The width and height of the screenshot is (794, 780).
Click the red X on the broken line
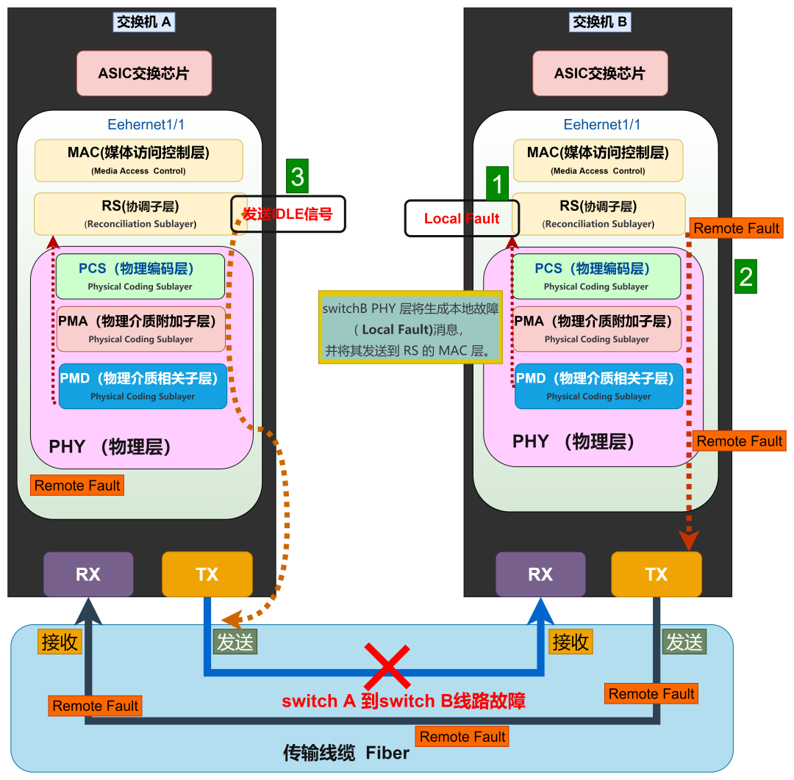(387, 666)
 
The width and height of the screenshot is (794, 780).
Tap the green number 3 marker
(297, 177)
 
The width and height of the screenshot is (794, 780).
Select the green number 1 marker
(498, 183)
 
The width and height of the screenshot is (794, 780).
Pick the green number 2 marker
(745, 277)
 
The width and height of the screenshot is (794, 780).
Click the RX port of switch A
(88, 574)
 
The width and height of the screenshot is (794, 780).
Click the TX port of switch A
(207, 574)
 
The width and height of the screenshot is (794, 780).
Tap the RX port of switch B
(540, 574)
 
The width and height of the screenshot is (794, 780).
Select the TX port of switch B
(656, 574)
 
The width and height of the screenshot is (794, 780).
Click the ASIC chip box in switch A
(144, 73)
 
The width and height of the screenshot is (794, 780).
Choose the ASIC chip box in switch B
(600, 73)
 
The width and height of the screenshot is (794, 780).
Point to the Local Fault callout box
(462, 218)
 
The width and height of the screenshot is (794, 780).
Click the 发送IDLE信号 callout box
(287, 214)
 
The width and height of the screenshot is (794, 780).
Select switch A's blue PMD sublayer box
(143, 386)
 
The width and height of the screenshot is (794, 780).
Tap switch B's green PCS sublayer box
(596, 276)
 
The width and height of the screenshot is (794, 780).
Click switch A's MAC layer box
(138, 160)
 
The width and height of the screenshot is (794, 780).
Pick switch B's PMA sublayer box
(597, 328)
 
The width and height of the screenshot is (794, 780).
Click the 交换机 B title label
(600, 22)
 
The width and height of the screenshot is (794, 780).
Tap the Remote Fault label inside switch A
(77, 485)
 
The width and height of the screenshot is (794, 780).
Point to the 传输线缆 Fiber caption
(346, 753)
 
